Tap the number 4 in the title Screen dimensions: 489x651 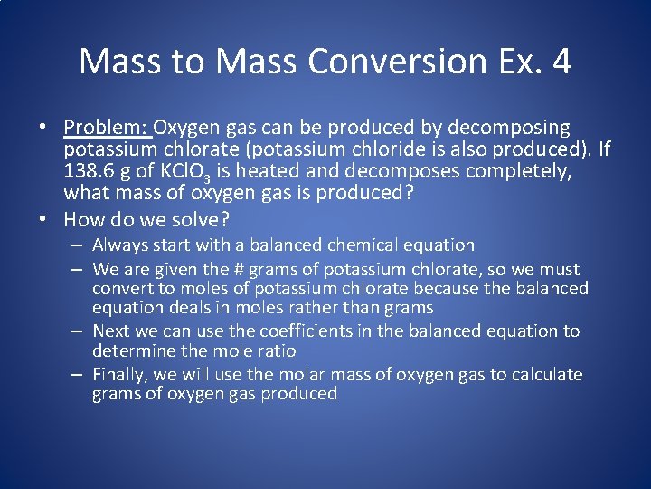(561, 62)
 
